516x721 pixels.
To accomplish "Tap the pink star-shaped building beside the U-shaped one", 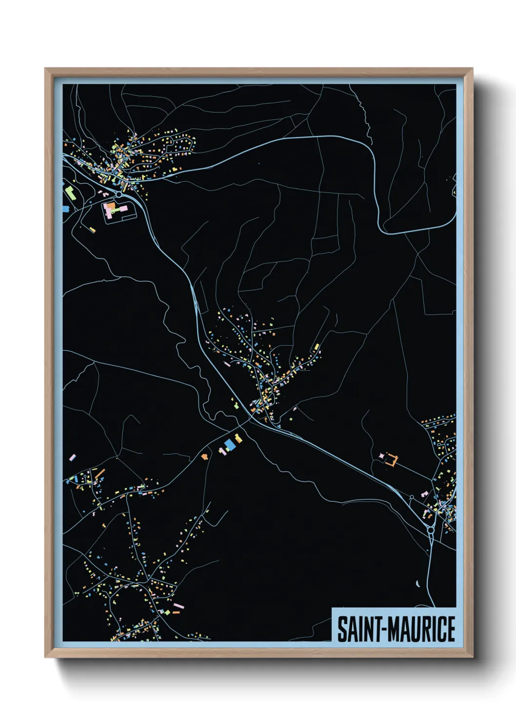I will [381, 456].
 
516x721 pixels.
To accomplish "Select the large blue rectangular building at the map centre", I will [229, 445].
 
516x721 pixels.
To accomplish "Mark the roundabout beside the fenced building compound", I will [119, 194].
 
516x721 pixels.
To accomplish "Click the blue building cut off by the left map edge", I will [65, 209].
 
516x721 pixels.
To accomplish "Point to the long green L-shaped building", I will [69, 192].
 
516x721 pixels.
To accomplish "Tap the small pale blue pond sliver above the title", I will [417, 583].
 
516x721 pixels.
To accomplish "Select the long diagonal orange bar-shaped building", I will [99, 474].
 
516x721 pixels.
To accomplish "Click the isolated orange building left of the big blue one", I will [204, 456].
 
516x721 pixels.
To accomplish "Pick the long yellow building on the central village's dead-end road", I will [317, 347].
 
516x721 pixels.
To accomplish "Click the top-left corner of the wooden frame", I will [45, 69].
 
